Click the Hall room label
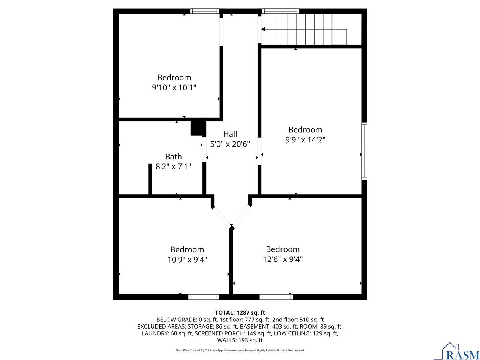tap(230, 134)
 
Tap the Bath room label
tap(173, 156)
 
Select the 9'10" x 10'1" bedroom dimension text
tap(174, 87)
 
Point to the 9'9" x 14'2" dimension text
tap(305, 139)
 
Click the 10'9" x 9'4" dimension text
tap(187, 259)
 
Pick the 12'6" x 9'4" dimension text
tap(283, 259)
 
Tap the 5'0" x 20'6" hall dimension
tap(230, 144)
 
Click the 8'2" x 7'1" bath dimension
tap(173, 166)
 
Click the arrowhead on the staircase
tap(263, 29)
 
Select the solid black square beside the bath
tap(198, 128)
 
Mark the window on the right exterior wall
tap(364, 151)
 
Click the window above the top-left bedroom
tap(204, 11)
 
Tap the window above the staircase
tap(280, 11)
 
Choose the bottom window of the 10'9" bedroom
tap(204, 297)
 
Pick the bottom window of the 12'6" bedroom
tap(276, 297)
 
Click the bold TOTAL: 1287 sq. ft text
tap(240, 312)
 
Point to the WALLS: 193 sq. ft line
tap(240, 340)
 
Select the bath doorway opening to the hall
tap(204, 148)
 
